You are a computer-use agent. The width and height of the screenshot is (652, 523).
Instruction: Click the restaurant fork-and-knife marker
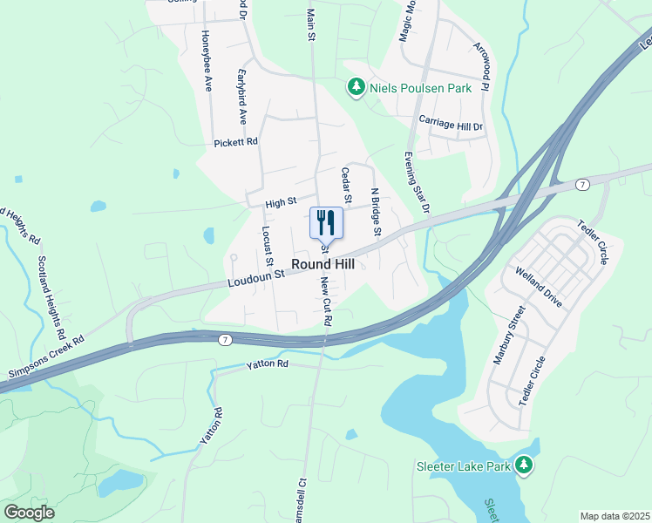pyautogui.click(x=326, y=222)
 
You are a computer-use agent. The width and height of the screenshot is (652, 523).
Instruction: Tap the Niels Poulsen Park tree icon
pyautogui.click(x=356, y=87)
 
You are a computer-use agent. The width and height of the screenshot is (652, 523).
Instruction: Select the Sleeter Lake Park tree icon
pyautogui.click(x=524, y=466)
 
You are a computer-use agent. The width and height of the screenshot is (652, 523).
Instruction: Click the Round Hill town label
pyautogui.click(x=322, y=264)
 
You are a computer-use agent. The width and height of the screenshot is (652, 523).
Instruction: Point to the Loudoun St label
pyautogui.click(x=257, y=277)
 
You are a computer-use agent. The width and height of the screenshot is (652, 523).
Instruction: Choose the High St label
pyautogui.click(x=281, y=203)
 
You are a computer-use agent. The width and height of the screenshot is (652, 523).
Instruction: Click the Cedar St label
pyautogui.click(x=346, y=186)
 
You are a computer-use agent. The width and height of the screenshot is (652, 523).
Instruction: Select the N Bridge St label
pyautogui.click(x=376, y=212)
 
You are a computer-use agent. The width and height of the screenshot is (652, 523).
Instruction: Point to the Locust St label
pyautogui.click(x=267, y=248)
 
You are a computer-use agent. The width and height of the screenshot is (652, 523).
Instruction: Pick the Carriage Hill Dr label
pyautogui.click(x=451, y=124)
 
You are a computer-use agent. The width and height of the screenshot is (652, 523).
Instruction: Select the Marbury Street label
pyautogui.click(x=508, y=336)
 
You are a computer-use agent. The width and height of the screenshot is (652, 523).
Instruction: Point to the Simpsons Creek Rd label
pyautogui.click(x=44, y=358)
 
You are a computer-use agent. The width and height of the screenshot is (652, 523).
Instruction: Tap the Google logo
pyautogui.click(x=29, y=513)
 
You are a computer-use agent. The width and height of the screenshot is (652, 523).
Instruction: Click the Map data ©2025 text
pyautogui.click(x=614, y=516)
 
